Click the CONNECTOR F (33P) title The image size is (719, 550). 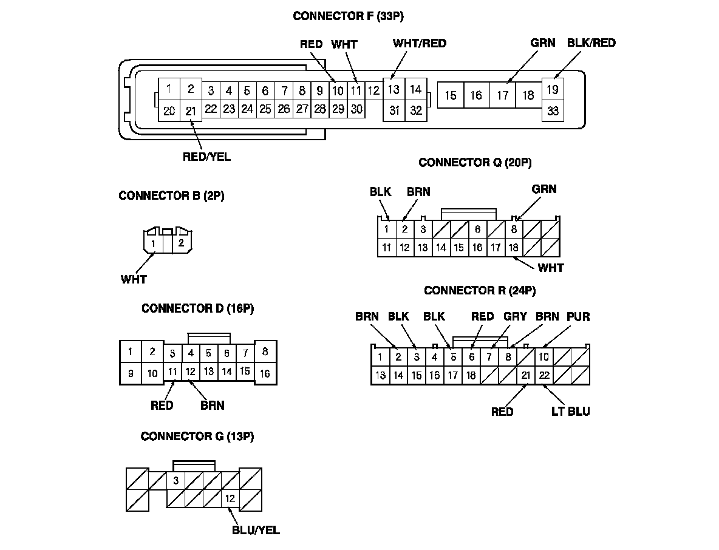pos(348,16)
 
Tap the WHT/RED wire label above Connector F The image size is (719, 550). pos(419,43)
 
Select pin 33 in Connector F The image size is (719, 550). pos(553,111)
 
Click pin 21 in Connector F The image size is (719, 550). pos(191,110)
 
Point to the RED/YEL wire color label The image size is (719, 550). pos(206,157)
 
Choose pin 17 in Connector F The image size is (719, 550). pos(502,95)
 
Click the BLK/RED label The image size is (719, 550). pos(591,42)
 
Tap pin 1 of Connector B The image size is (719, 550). pos(154,244)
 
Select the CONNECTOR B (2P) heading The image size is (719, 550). pos(171,196)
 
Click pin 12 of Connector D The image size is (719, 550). pos(190,371)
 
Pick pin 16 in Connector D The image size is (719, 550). pos(265,373)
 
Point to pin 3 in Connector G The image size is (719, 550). pos(175,481)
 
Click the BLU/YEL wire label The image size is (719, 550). pos(256,530)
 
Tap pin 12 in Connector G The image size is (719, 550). pos(230,499)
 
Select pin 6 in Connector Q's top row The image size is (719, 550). pos(477,229)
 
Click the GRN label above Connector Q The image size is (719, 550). pos(544,189)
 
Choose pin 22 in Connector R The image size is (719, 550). pos(544,375)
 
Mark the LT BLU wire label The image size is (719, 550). pos(570,412)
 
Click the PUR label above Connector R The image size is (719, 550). pos(578,317)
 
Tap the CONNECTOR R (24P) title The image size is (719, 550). pos(480,291)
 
